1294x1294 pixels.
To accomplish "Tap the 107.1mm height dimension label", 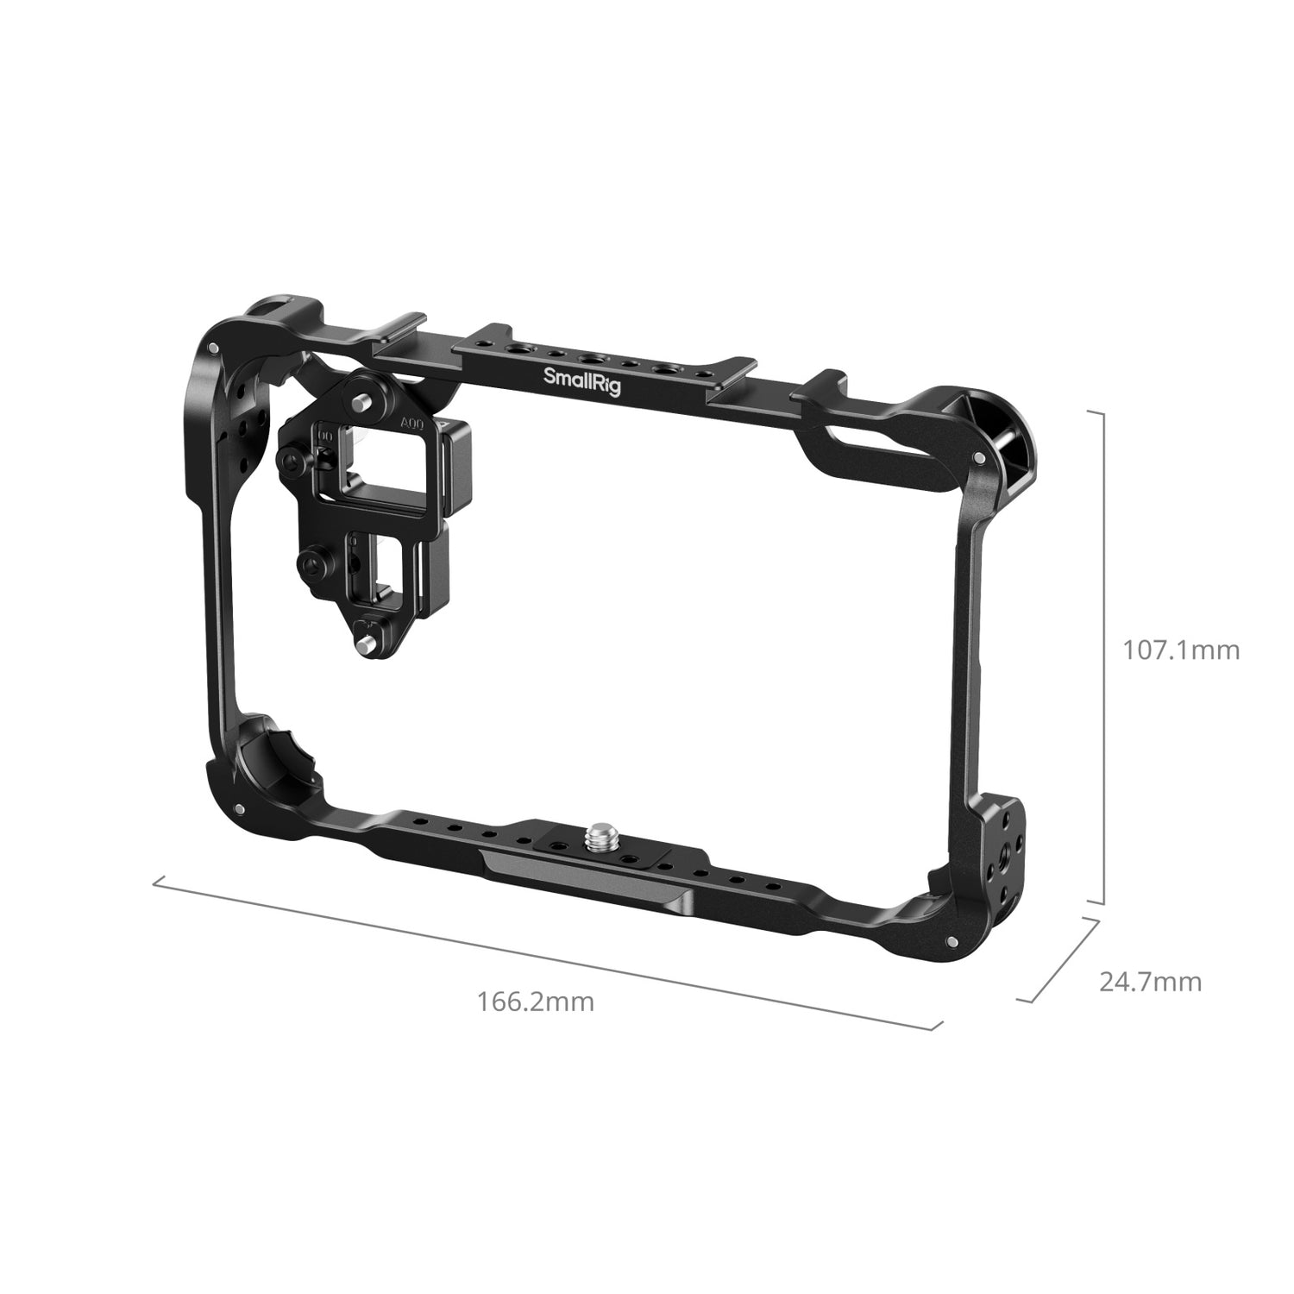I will click(x=1181, y=649).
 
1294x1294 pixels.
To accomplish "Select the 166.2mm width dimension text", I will click(x=536, y=1002).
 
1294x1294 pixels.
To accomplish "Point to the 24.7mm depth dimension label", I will click(x=1150, y=982).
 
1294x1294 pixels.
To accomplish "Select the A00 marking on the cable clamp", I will click(x=417, y=423).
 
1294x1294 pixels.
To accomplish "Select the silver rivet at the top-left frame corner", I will click(x=213, y=347).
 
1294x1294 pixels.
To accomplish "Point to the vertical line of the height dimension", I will click(x=1103, y=656).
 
